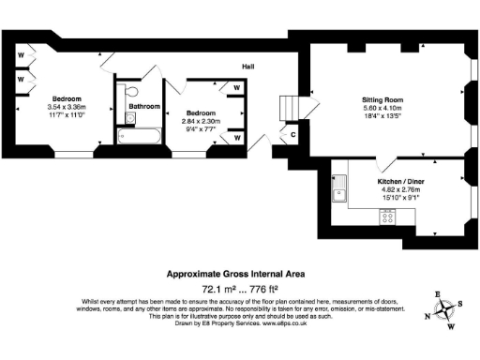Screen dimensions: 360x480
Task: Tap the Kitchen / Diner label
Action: (x=397, y=179)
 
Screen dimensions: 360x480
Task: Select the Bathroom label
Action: (x=143, y=107)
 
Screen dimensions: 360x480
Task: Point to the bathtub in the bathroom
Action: (x=141, y=136)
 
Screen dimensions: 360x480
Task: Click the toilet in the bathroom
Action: (x=131, y=92)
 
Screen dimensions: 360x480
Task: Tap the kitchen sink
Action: (x=339, y=195)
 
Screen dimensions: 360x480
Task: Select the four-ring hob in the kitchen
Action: (x=386, y=217)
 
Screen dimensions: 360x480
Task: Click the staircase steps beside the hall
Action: (x=293, y=109)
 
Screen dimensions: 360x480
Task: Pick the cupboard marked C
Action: (x=293, y=135)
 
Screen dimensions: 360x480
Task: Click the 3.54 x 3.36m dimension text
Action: (x=67, y=107)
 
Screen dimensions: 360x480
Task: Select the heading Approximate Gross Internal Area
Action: (x=234, y=274)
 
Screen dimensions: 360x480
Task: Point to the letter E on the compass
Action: (x=437, y=293)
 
